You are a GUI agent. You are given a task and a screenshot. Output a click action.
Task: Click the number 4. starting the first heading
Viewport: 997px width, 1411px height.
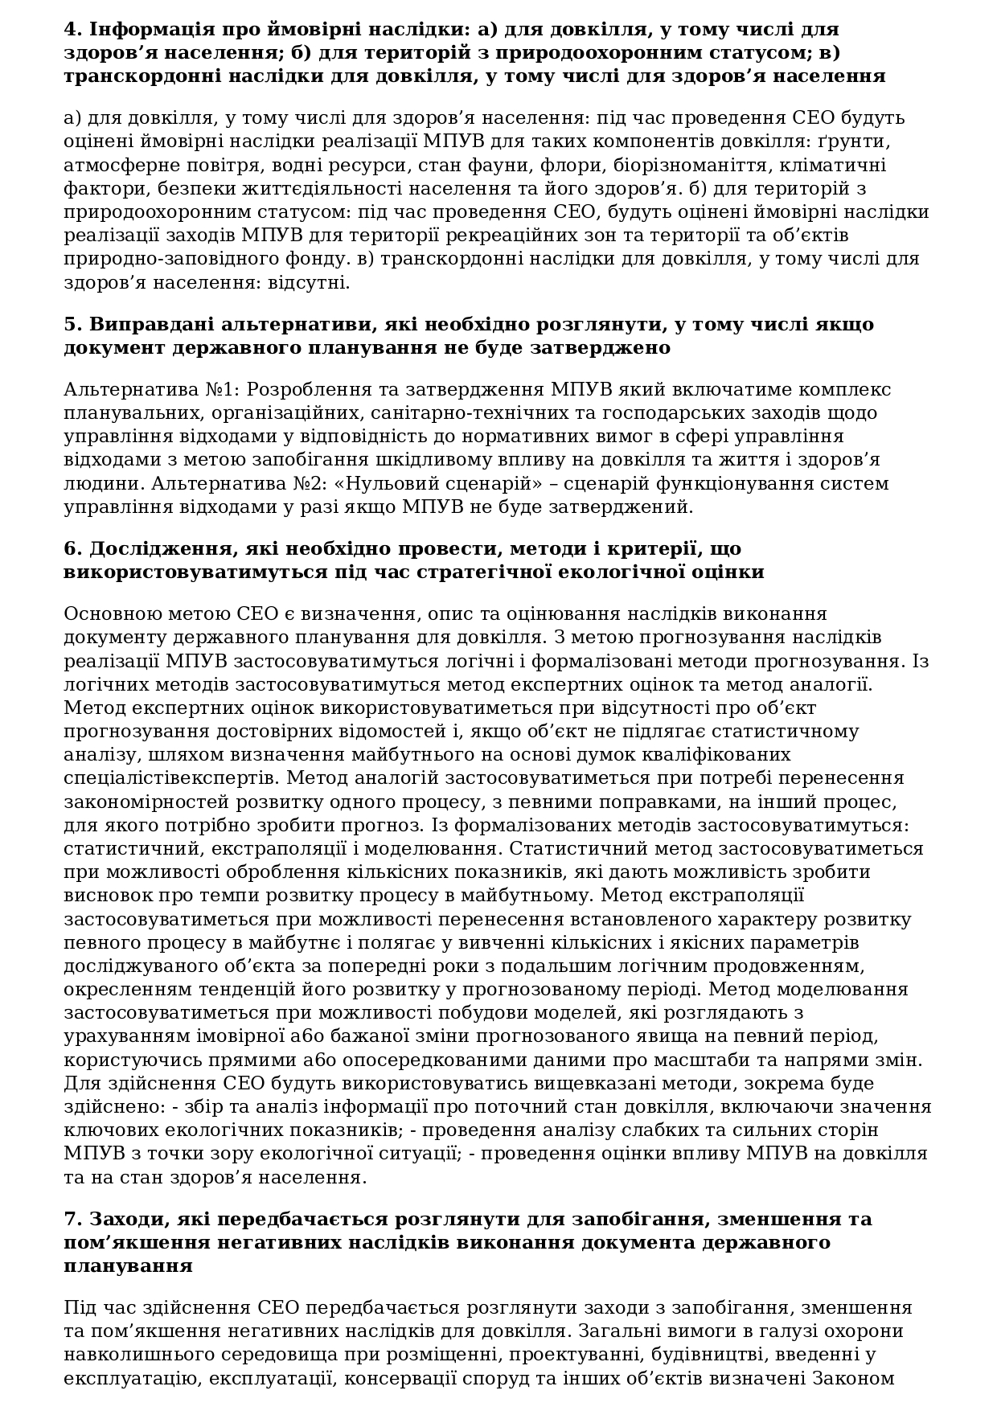coord(73,30)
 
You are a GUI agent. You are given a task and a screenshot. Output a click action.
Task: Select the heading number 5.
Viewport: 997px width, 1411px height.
coord(73,325)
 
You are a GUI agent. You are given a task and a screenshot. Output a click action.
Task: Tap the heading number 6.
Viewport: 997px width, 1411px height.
coord(73,549)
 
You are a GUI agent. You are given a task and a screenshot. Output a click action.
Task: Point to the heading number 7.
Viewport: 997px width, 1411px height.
coord(73,1219)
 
